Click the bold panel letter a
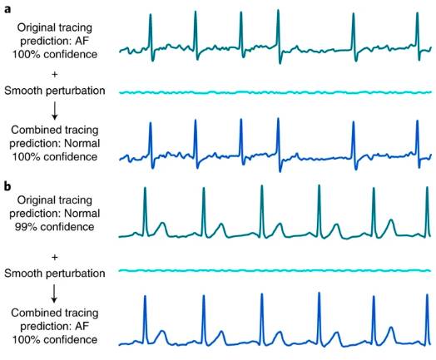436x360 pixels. click(x=7, y=9)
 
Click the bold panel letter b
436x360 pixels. click(x=7, y=186)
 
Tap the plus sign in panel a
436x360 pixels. click(x=55, y=75)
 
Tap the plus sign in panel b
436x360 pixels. click(x=55, y=257)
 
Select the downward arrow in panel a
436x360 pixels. click(x=55, y=111)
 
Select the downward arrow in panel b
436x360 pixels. click(x=55, y=293)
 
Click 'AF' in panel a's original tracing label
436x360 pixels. click(x=82, y=41)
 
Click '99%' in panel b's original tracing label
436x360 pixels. click(x=23, y=227)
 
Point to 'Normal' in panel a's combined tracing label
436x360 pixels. click(x=82, y=143)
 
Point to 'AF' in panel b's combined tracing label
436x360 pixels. click(x=82, y=326)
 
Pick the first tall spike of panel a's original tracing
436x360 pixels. click(x=151, y=36)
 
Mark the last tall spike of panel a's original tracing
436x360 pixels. click(x=418, y=36)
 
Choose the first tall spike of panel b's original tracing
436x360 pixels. click(x=145, y=212)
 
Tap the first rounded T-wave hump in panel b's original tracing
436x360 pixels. click(x=161, y=229)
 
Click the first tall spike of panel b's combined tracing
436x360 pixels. click(x=145, y=320)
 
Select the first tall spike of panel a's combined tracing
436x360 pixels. click(x=151, y=145)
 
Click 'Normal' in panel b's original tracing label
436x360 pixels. click(x=82, y=214)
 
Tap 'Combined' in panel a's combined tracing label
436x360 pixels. click(x=35, y=130)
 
